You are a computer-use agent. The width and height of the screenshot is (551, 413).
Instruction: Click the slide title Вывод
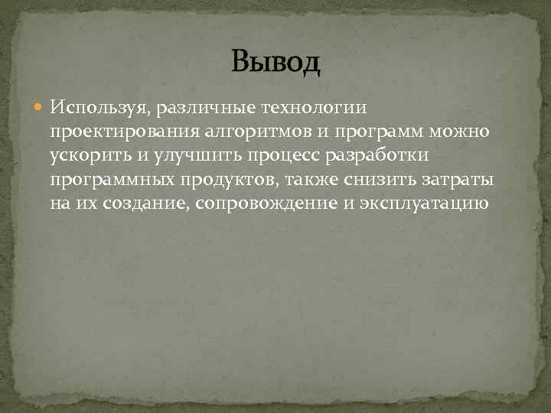[x=275, y=61]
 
